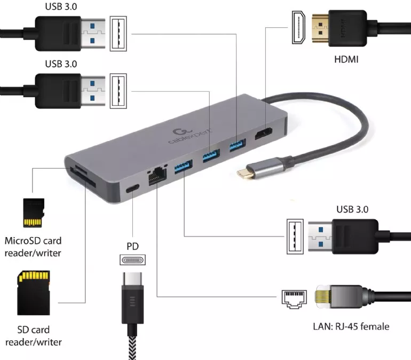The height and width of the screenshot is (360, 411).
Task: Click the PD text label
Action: click(132, 246)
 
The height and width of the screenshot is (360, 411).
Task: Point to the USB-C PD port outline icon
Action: click(132, 260)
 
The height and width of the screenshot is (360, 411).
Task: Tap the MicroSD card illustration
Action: click(33, 213)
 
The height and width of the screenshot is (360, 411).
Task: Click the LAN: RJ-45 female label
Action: click(351, 326)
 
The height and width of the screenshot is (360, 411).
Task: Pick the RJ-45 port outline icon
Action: click(293, 298)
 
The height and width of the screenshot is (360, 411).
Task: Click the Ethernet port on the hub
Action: click(157, 174)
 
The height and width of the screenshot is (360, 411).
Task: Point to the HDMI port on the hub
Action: click(263, 135)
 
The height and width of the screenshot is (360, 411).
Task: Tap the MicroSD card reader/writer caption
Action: click(33, 246)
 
